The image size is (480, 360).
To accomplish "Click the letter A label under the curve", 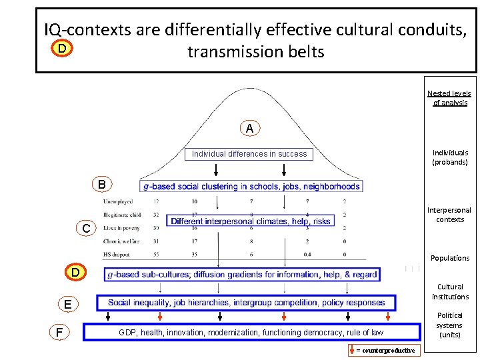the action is (249, 128).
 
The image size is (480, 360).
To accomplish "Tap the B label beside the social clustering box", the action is (101, 184).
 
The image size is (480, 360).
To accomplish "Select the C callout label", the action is (86, 229).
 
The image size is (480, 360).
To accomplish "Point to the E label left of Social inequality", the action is (68, 305).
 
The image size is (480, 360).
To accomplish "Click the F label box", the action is (60, 331).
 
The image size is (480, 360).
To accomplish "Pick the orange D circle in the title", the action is (61, 49).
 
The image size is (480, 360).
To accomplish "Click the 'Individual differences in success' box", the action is (249, 154).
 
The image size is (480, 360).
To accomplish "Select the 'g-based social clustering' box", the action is (251, 186).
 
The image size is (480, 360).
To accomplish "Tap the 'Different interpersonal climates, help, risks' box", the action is (251, 221).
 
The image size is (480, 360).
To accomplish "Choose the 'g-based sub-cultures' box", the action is (243, 274).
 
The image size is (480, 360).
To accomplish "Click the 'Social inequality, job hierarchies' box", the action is (246, 303).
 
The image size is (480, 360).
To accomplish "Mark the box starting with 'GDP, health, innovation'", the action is (251, 332).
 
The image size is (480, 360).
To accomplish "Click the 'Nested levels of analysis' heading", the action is (449, 98).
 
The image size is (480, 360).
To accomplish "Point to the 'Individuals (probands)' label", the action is (450, 157).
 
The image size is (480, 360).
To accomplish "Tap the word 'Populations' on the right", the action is (450, 258).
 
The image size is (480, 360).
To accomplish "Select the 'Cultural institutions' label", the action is (450, 292).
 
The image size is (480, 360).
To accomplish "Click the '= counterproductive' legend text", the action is (385, 350).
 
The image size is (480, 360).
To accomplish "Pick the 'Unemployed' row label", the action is (118, 201).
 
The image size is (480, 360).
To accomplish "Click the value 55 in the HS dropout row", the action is (156, 254).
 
